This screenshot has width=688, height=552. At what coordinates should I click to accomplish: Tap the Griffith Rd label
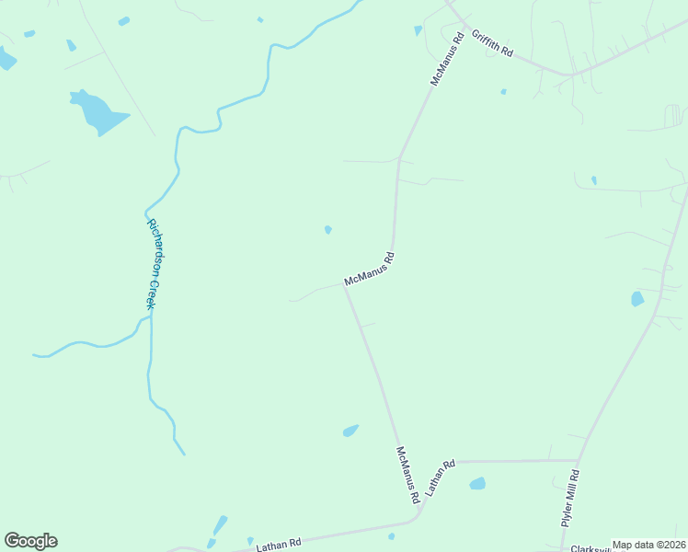pos(492,43)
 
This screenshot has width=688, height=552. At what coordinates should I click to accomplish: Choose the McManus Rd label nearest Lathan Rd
pos(407,475)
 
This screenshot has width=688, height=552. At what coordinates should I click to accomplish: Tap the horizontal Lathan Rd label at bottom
pos(279,544)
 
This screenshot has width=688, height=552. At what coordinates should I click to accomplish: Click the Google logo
pos(30,541)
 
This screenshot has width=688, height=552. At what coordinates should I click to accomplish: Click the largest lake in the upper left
pos(98,112)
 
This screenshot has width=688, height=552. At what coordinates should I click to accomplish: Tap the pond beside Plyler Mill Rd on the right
pos(637,298)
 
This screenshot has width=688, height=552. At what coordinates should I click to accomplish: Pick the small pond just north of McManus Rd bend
pos(328,229)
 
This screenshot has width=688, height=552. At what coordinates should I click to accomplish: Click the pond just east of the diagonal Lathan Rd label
pos(476,483)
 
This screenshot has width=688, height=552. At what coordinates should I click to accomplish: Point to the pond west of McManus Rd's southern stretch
pos(350,430)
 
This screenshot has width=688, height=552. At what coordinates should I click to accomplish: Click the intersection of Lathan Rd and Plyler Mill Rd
pos(578,460)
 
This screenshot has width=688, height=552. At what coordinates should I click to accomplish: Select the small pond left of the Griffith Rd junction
pos(419,30)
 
